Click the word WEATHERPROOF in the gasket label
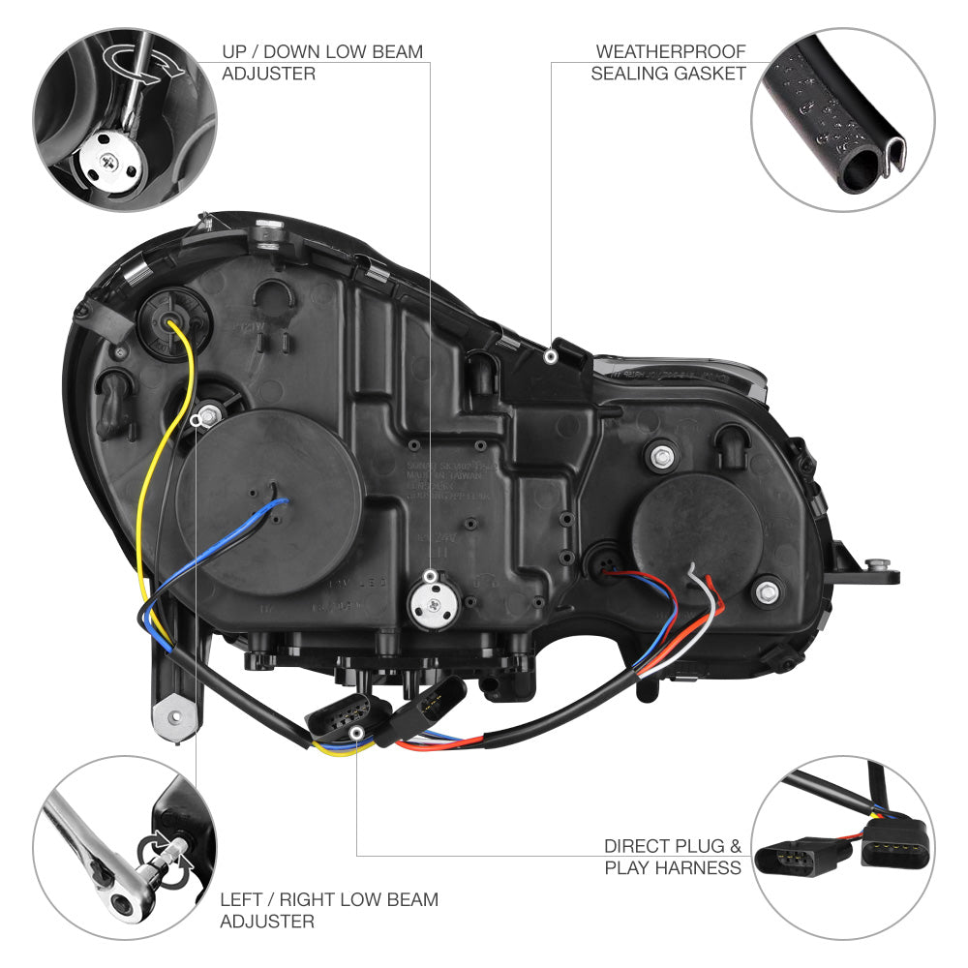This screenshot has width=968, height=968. click(671, 51)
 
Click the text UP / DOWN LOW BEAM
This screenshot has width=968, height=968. click(322, 51)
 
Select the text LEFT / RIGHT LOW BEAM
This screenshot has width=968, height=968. click(329, 899)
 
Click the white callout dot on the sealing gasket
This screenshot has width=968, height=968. click(550, 357)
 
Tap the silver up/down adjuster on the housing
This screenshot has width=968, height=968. click(431, 593)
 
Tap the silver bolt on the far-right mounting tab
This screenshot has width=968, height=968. click(877, 565)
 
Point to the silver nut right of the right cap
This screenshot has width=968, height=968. click(768, 588)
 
